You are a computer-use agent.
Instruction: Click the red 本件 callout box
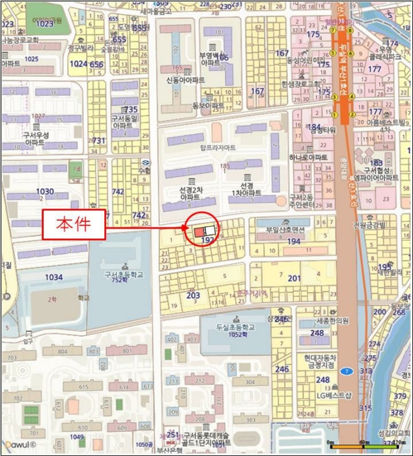74,225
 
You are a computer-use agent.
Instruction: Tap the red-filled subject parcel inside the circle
198,232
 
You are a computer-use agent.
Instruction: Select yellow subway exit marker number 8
350,30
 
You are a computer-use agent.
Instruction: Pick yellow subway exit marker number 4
352,96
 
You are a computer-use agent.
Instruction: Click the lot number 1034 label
54,278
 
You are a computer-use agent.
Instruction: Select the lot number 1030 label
45,192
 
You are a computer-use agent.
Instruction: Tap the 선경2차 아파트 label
190,193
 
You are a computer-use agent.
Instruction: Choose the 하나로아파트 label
309,158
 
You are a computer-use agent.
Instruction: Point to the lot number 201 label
294,279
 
